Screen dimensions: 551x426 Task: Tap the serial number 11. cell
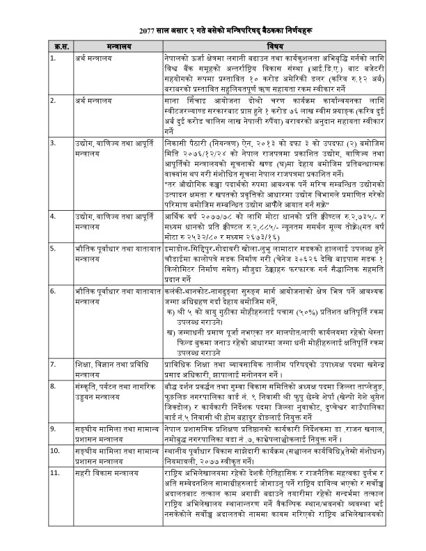coord(55,473)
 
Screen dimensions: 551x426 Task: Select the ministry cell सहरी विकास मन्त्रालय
coord(105,473)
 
